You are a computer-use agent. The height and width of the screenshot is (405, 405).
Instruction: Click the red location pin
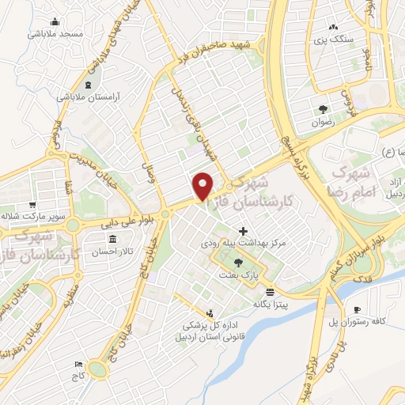(203, 184)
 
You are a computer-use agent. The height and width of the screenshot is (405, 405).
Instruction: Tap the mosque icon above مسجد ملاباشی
(55, 21)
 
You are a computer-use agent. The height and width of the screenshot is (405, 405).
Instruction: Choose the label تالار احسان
(113, 252)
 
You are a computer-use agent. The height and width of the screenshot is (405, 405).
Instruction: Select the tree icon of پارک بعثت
(238, 263)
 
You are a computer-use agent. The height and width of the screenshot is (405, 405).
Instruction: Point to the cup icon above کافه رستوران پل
(357, 308)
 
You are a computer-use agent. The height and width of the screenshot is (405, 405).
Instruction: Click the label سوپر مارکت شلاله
(39, 214)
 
